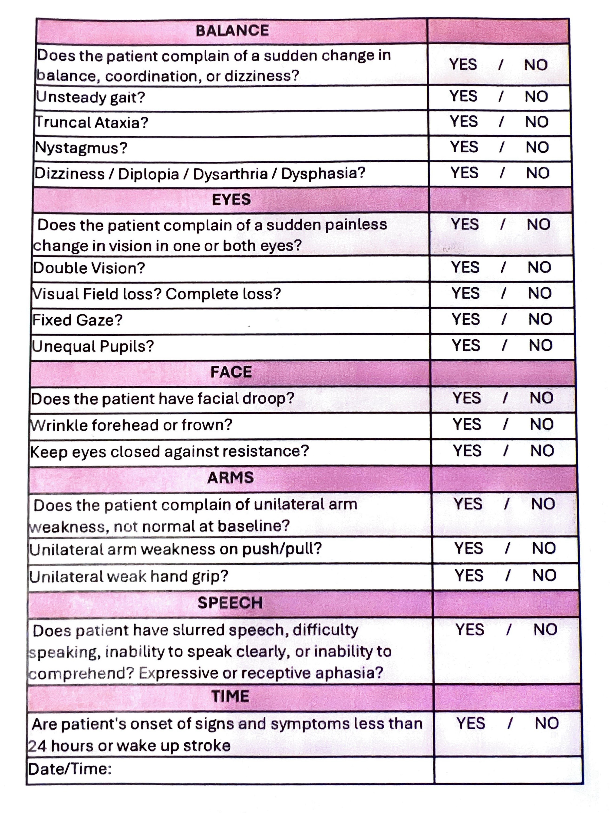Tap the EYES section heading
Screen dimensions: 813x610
click(231, 200)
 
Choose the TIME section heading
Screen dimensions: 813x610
click(230, 696)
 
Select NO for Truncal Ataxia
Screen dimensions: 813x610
click(537, 122)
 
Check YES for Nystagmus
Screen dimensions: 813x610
click(464, 147)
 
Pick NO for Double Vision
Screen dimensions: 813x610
click(539, 268)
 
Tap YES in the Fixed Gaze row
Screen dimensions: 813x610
click(465, 319)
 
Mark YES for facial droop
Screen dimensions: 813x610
click(466, 398)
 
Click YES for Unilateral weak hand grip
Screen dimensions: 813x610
click(469, 576)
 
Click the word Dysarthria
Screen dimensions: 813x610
click(230, 174)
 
